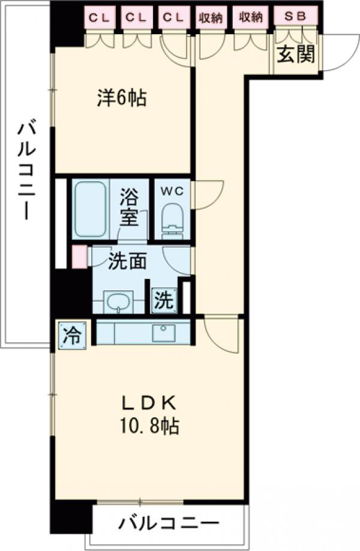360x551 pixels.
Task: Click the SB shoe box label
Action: pos(295,17)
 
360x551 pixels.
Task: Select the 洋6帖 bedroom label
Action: pos(122,98)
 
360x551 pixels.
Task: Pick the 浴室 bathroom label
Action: pos(128,206)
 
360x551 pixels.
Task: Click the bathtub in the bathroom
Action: pos(91,209)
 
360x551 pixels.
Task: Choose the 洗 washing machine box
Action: pos(164,300)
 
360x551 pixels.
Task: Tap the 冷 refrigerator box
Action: pos(71,334)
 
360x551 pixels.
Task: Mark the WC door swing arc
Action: pos(205,195)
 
